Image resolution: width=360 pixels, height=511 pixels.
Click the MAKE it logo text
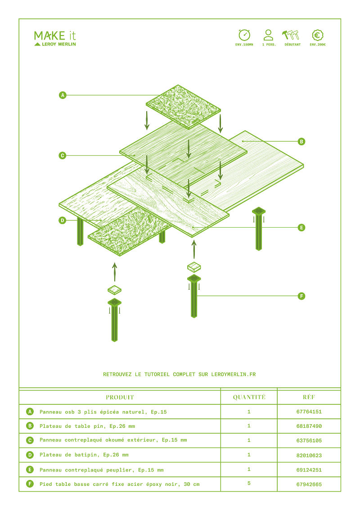[x=55, y=36]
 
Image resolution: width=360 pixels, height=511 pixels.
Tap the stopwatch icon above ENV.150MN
[x=244, y=35]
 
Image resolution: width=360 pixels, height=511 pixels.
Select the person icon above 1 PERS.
[x=268, y=35]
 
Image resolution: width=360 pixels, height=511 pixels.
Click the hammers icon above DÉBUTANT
[x=291, y=35]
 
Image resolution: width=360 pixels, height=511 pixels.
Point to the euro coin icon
[x=317, y=35]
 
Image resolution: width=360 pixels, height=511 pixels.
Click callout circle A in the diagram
[x=63, y=95]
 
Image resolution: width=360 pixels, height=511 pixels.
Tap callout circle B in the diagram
[x=301, y=141]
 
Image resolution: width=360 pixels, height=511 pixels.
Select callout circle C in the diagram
[x=63, y=156]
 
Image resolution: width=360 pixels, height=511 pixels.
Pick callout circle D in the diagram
[x=63, y=220]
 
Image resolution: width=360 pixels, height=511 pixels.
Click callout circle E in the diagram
[x=301, y=228]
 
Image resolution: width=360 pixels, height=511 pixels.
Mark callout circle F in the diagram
[x=301, y=296]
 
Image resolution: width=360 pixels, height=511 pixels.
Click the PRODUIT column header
[x=120, y=397]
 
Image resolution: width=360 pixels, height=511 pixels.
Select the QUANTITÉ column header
[x=249, y=397]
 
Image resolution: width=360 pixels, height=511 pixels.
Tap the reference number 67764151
[x=309, y=412]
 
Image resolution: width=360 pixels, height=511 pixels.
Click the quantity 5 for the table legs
[x=249, y=483]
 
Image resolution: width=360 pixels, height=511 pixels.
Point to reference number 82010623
[x=309, y=455]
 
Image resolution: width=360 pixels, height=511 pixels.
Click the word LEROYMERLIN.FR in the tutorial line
[x=234, y=374]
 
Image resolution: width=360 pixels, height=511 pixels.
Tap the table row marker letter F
[x=30, y=484]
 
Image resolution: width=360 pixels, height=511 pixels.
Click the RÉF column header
[x=309, y=397]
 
